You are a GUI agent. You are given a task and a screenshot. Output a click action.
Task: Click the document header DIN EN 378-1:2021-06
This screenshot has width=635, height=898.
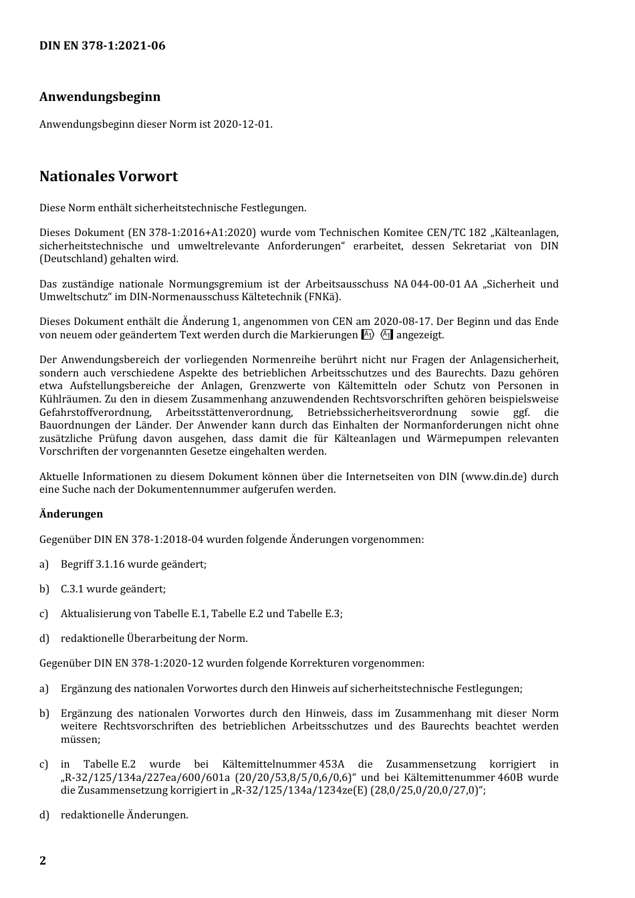pyautogui.click(x=102, y=45)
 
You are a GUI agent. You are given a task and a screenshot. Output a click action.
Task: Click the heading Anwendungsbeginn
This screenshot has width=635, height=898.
pyautogui.click(x=100, y=96)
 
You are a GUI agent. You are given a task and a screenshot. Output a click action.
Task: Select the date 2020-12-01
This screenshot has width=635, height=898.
pyautogui.click(x=242, y=124)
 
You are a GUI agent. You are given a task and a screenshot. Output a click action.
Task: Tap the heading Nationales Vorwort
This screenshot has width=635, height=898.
pyautogui.click(x=108, y=177)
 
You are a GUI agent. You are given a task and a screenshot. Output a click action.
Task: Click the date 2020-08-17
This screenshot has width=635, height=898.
pyautogui.click(x=404, y=322)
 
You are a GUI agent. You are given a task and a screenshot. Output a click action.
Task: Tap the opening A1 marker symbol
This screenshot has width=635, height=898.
pyautogui.click(x=368, y=335)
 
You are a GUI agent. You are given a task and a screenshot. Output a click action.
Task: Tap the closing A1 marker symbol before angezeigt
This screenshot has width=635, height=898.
pyautogui.click(x=386, y=335)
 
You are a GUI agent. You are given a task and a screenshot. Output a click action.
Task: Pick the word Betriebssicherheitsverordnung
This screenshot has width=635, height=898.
pyautogui.click(x=382, y=412)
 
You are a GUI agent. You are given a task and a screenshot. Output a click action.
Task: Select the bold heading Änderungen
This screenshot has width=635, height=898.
pyautogui.click(x=71, y=514)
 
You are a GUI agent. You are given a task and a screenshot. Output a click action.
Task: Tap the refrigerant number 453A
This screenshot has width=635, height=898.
pyautogui.click(x=332, y=764)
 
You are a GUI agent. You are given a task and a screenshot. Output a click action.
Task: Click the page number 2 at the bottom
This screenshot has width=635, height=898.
pyautogui.click(x=43, y=861)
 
